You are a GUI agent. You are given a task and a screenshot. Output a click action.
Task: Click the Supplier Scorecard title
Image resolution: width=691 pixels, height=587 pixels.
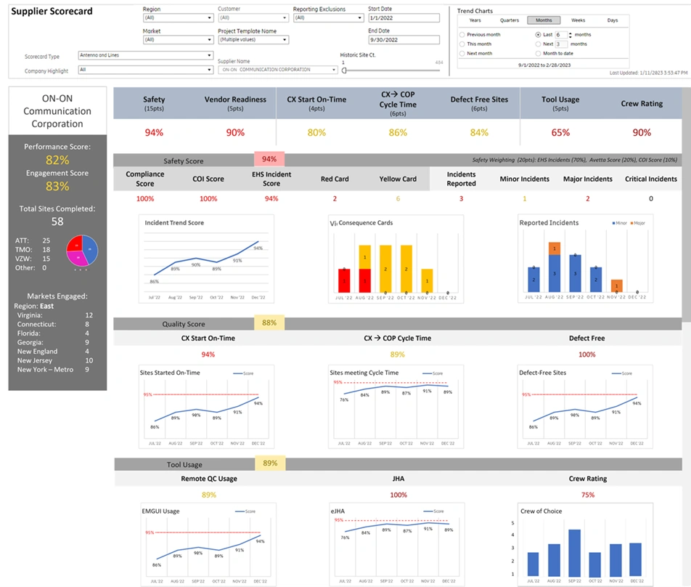[x=52, y=12]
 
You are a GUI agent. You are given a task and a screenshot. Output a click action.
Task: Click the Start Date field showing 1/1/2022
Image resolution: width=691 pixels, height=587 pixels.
[x=404, y=18]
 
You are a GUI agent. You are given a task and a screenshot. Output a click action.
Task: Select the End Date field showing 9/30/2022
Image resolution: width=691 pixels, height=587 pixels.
[x=404, y=41]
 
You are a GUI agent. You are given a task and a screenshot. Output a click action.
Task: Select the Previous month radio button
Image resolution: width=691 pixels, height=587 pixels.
[x=462, y=34]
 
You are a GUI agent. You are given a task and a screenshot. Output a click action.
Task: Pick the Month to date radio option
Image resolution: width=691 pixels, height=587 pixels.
[x=538, y=53]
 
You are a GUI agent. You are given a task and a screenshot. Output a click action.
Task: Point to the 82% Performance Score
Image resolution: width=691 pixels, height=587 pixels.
[x=57, y=160]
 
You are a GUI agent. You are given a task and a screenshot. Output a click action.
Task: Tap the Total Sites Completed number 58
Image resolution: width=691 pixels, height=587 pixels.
[x=57, y=222]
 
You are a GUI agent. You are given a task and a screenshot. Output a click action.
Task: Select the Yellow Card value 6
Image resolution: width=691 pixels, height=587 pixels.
[x=398, y=198]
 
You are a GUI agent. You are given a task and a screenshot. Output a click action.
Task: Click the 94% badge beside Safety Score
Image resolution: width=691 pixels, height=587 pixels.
[x=269, y=160]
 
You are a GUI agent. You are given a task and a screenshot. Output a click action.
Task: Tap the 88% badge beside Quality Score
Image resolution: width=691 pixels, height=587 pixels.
[x=269, y=323]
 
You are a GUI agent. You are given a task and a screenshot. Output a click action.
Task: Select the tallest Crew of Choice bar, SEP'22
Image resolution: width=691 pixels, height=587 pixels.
[x=574, y=552]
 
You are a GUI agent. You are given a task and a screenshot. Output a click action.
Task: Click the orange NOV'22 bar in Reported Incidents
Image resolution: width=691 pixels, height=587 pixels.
[x=616, y=286]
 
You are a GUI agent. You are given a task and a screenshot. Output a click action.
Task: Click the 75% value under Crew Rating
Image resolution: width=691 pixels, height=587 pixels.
[x=587, y=495]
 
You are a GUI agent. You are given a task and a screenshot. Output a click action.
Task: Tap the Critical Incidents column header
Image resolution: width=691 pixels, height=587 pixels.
[x=650, y=179]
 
